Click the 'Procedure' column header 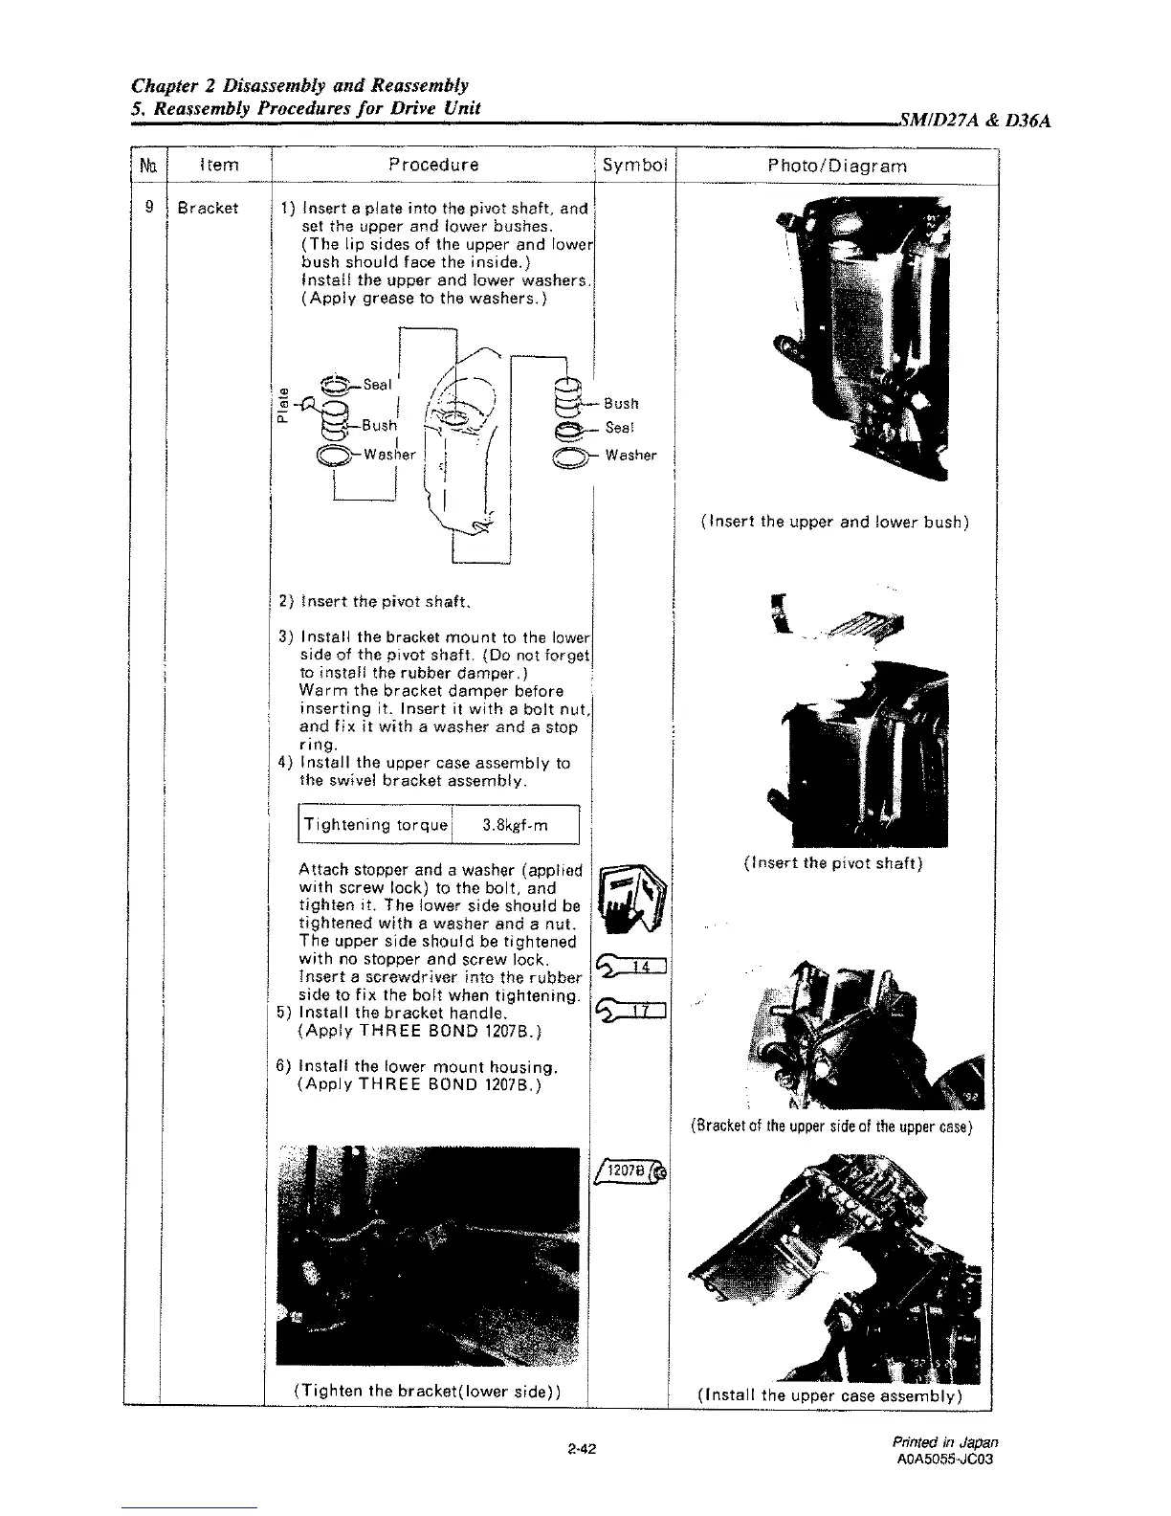[x=433, y=165]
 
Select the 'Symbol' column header [x=634, y=165]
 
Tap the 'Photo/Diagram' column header [x=837, y=166]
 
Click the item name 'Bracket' [x=208, y=208]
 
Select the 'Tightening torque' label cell [x=375, y=825]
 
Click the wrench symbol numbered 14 [x=635, y=968]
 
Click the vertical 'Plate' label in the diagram [x=283, y=403]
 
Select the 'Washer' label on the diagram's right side [x=630, y=456]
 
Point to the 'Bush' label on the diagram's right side [x=621, y=404]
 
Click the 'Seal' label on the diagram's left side [x=377, y=385]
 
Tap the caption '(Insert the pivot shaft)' [x=832, y=863]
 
